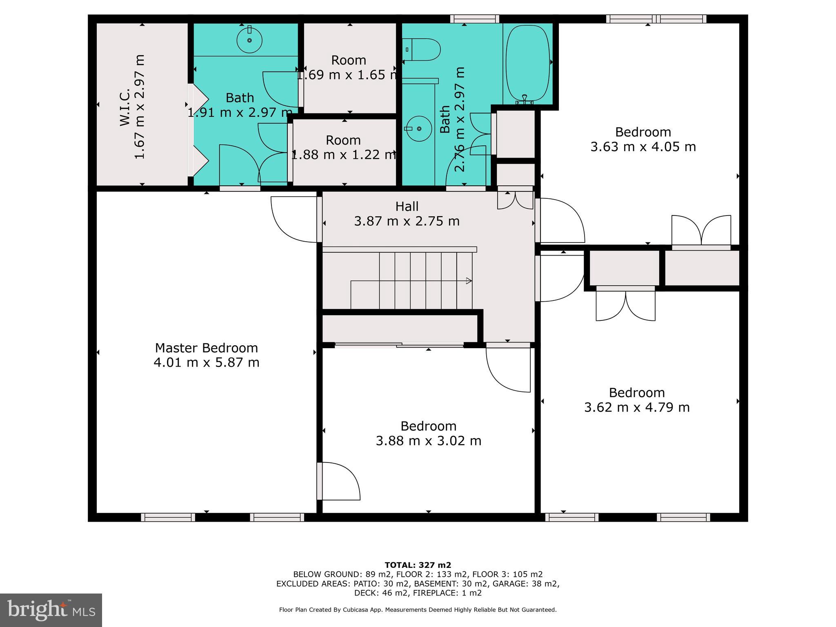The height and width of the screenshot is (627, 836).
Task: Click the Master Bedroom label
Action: [x=206, y=348]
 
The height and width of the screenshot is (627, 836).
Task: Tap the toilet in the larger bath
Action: [x=422, y=50]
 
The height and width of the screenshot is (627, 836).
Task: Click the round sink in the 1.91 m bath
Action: [x=249, y=40]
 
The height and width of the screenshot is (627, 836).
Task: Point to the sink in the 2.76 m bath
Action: [x=419, y=129]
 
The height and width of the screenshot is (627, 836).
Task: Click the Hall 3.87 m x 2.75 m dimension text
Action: [x=407, y=221]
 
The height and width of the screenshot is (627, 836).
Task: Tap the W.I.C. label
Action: [x=125, y=107]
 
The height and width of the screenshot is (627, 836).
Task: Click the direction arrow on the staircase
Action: [x=469, y=281]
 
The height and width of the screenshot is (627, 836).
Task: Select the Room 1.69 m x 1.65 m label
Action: [x=348, y=60]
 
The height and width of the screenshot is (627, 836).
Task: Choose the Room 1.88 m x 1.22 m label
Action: [x=343, y=140]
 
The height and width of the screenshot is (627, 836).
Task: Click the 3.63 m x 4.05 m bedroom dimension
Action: [x=643, y=147]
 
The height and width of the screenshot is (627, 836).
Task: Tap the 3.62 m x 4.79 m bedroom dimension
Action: [x=637, y=407]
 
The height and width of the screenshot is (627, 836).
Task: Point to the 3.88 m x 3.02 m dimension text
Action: [x=428, y=441]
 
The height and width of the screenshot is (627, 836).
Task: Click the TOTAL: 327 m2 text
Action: [x=418, y=565]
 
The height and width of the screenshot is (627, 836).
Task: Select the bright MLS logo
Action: [x=51, y=610]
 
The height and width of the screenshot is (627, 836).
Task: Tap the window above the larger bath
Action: [x=475, y=19]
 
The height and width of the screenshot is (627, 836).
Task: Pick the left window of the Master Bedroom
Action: [x=168, y=517]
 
